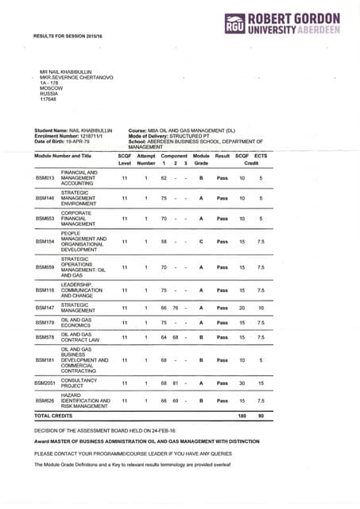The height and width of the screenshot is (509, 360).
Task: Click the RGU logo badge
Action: point(236,25)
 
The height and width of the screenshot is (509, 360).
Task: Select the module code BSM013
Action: point(45,179)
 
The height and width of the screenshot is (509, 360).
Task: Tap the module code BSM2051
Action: point(46,383)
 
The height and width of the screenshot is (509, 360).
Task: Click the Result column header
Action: point(223,155)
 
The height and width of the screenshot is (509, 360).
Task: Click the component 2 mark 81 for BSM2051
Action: point(174,383)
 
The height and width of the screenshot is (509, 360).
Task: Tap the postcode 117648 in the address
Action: point(48,99)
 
